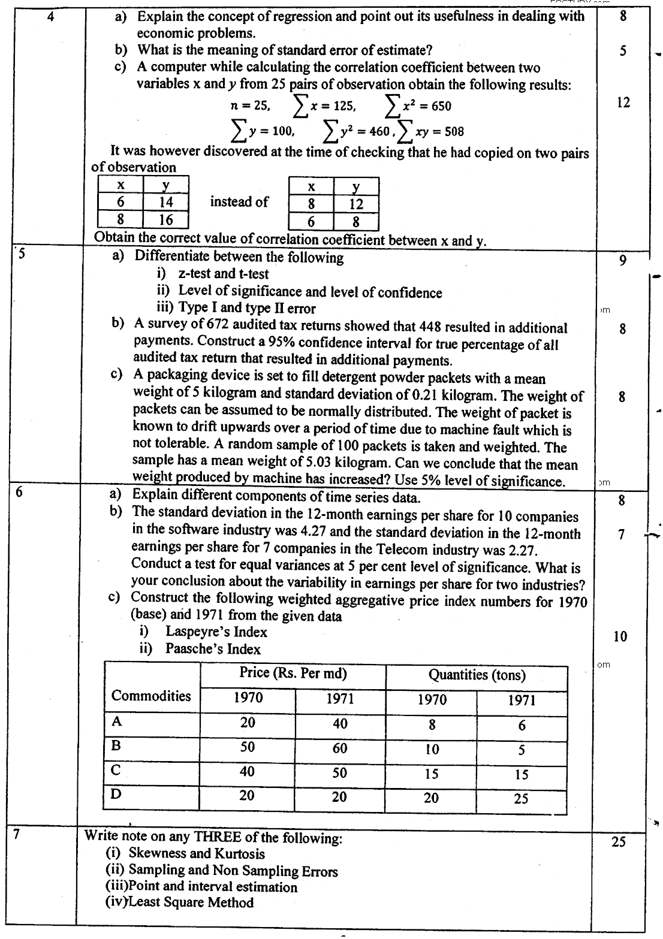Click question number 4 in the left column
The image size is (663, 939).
point(51,16)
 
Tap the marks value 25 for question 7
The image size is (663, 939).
point(618,842)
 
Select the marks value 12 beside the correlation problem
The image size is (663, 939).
point(623,102)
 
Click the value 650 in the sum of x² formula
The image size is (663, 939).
point(441,107)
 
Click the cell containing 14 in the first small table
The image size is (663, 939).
point(165,203)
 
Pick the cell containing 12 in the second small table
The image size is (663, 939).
point(356,204)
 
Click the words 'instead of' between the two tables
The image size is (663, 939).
point(239,202)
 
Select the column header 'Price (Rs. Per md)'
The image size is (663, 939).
point(293,673)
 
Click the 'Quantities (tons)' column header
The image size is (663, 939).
point(477,675)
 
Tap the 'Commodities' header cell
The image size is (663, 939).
point(151,696)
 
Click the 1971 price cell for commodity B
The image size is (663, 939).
point(340,748)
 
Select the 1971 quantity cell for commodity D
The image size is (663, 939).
point(521,799)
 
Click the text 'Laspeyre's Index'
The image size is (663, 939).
point(216,632)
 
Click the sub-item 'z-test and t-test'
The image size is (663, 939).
point(223,274)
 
